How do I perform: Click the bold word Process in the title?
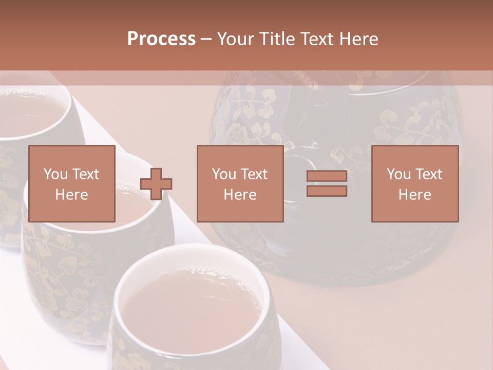[161, 39]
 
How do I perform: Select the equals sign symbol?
[327, 183]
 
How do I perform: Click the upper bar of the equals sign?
[327, 176]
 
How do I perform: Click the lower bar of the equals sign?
[327, 191]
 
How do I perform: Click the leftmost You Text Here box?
[71, 183]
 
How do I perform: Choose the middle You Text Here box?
[240, 183]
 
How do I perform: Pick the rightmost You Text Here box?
[414, 183]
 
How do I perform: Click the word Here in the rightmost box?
[414, 194]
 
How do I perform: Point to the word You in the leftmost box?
[54, 174]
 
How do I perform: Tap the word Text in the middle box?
[254, 174]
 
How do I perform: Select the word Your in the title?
[236, 39]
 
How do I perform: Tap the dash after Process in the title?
[206, 39]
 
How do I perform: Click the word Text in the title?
[315, 39]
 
